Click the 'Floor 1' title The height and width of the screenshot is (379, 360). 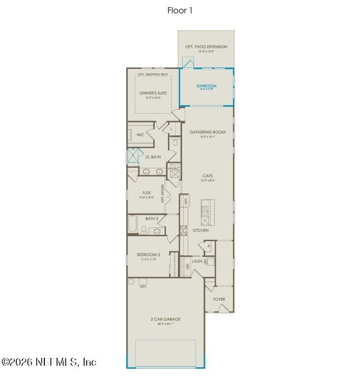(x=180, y=10)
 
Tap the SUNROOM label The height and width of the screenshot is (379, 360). (x=206, y=86)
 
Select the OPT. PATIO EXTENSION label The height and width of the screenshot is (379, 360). (x=206, y=47)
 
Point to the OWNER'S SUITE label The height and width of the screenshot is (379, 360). (x=153, y=93)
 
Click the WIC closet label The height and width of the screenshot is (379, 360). (x=140, y=134)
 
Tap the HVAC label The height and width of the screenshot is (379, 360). (x=174, y=169)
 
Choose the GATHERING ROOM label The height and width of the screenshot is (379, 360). (x=207, y=132)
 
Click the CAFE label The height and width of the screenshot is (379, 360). (x=207, y=176)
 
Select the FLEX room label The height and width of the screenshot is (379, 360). (x=146, y=193)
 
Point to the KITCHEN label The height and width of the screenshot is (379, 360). (x=200, y=230)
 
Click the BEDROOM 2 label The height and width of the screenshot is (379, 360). (x=148, y=254)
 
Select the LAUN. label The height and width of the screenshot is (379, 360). (x=197, y=261)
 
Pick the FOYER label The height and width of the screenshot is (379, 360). (x=219, y=299)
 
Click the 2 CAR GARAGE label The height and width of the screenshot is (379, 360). (x=165, y=319)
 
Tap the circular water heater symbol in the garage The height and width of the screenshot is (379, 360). (x=131, y=282)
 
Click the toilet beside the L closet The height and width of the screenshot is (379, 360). (x=174, y=143)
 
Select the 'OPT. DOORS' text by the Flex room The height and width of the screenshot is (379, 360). (x=163, y=193)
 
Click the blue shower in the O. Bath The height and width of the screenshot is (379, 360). (x=133, y=155)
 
